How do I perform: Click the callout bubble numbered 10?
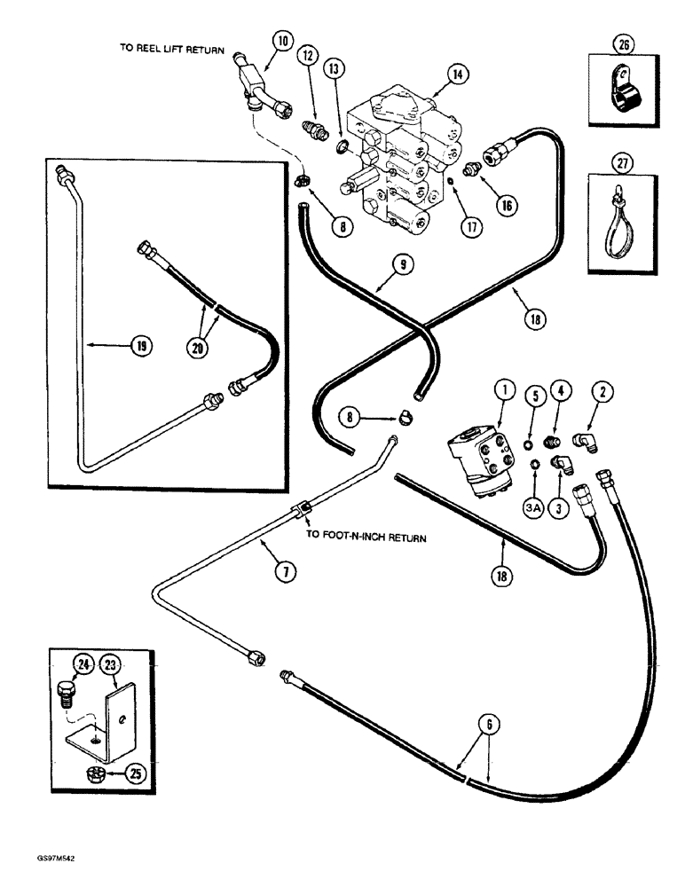tap(282, 40)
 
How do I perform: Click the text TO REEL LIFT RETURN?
tap(172, 50)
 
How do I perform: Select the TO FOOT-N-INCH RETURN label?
tap(366, 537)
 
